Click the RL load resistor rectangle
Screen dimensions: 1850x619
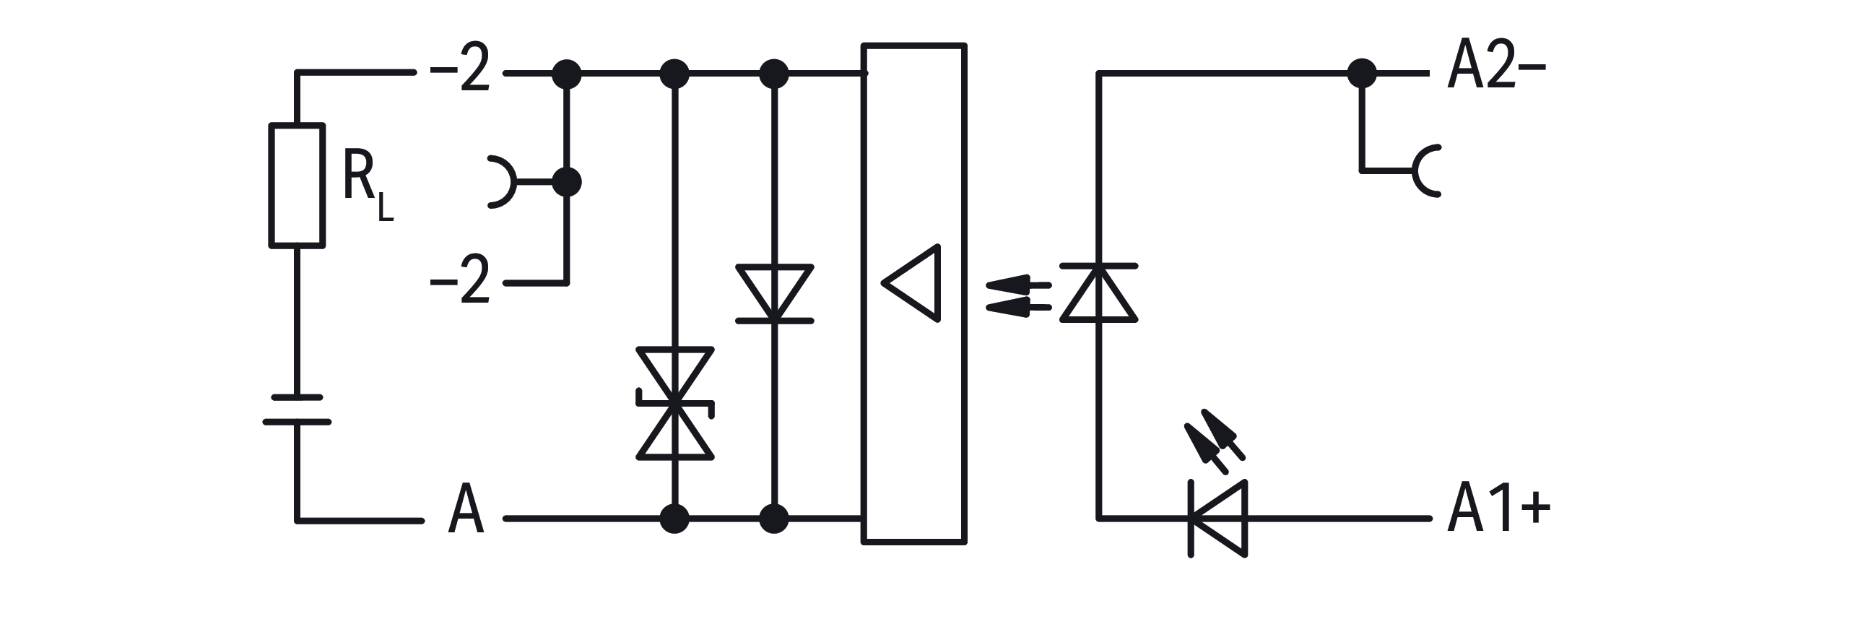point(297,186)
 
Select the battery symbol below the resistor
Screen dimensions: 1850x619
point(297,410)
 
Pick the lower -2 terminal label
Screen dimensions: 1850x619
point(460,280)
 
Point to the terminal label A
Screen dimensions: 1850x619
point(466,509)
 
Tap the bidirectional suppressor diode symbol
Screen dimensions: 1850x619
point(675,403)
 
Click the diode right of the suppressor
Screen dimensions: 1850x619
point(775,293)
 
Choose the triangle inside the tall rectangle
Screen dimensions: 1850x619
point(911,282)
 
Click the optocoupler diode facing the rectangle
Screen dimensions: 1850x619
point(1099,293)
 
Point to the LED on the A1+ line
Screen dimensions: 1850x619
point(1218,519)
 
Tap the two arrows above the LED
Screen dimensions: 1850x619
point(1215,441)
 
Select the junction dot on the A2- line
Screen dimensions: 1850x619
point(1362,73)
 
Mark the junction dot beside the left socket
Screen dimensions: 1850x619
point(567,182)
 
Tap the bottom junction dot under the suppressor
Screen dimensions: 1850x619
point(675,519)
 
